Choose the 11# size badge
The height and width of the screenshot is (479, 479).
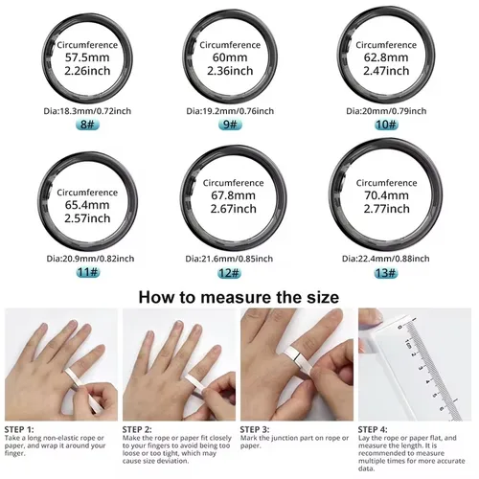click(87, 272)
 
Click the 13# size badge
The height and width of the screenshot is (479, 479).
click(387, 272)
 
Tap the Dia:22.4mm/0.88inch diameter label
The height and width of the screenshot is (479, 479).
click(387, 259)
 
